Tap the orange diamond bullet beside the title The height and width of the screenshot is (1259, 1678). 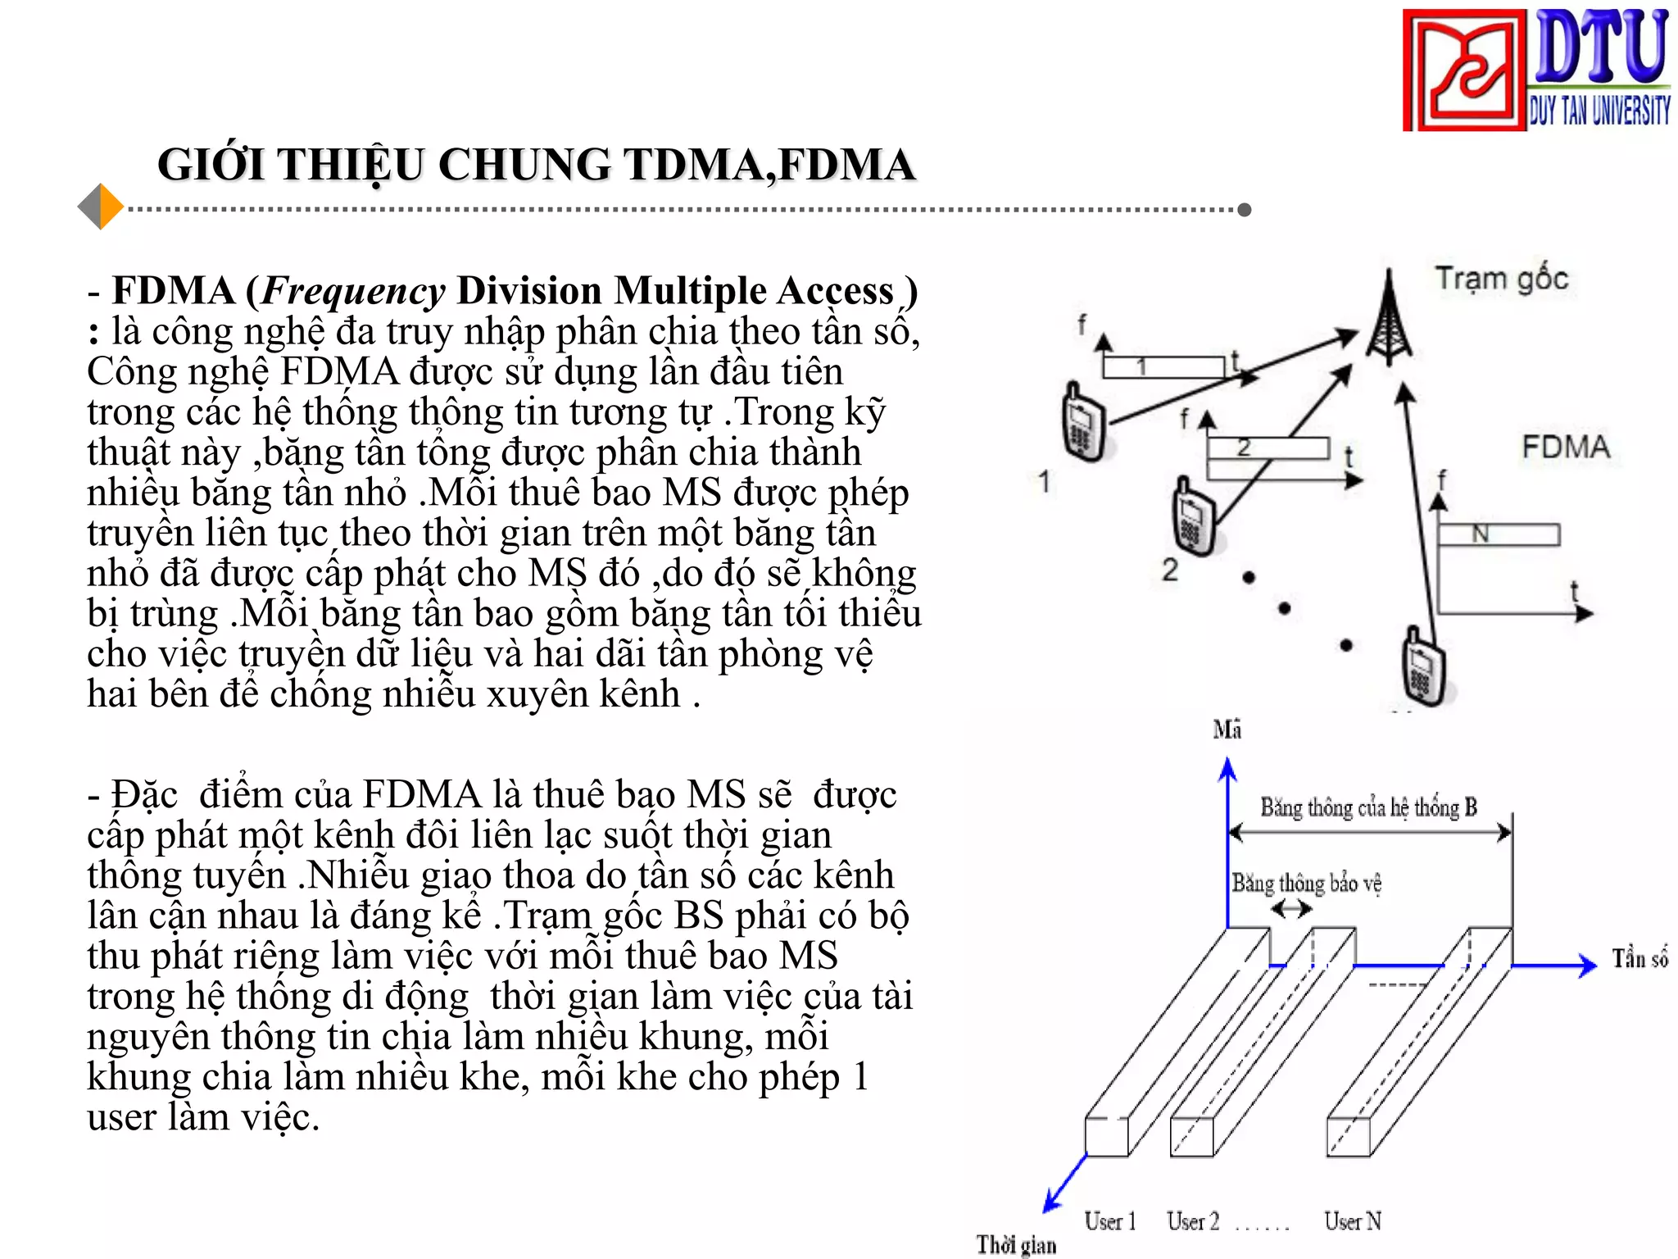point(101,207)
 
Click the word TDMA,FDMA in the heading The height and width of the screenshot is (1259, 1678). point(769,165)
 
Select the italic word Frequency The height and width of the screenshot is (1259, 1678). point(353,291)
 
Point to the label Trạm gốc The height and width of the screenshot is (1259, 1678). point(1501,279)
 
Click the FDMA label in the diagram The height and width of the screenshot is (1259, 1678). point(1566,448)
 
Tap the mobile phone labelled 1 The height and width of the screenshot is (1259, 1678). point(1084,423)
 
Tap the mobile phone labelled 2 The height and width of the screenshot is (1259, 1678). point(1194,517)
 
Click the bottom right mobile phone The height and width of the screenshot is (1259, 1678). point(1424,667)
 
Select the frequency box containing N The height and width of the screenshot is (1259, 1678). point(1499,534)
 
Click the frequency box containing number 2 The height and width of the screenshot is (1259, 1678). point(1267,448)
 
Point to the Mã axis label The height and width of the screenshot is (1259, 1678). point(1227,729)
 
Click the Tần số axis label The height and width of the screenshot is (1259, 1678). point(1639,958)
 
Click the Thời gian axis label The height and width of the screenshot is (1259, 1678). point(1016,1245)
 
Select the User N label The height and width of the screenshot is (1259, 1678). point(1353,1221)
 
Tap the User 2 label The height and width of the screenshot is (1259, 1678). point(1193,1221)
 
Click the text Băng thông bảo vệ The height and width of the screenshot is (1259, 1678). point(1306,884)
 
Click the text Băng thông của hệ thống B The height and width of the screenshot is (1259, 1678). point(1368,808)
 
